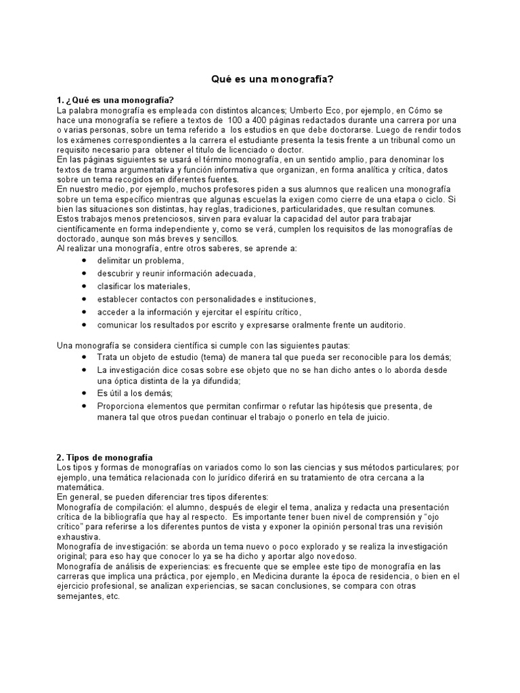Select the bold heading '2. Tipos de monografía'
(x=104, y=457)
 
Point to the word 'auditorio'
(x=385, y=325)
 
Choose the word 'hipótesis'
(x=348, y=406)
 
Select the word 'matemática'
(x=81, y=487)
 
